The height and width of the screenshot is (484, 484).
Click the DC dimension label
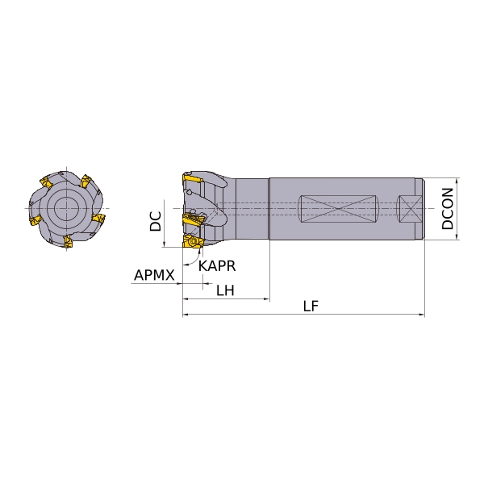(x=156, y=221)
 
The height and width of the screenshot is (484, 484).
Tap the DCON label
(x=447, y=209)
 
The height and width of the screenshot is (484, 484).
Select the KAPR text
(x=217, y=265)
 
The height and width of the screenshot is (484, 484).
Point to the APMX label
(x=154, y=275)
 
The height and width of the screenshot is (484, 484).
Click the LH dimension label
(x=225, y=290)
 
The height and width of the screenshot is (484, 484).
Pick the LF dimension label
(x=311, y=306)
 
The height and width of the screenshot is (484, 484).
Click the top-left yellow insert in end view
(x=46, y=181)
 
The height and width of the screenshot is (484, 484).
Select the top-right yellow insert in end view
(x=86, y=181)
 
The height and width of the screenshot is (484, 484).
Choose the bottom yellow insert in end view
(x=69, y=241)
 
